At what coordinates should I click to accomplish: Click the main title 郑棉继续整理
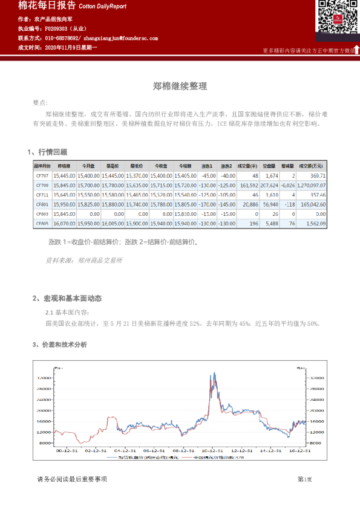pos(180,86)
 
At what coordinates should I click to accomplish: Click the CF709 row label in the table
pos(42,185)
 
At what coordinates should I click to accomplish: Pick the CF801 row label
pos(42,204)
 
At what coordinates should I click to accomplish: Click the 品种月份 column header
pos(42,166)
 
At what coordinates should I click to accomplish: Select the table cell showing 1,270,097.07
pos(312,185)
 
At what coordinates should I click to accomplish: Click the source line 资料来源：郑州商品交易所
pos(84,260)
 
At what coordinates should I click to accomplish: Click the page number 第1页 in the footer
pos(305,479)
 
